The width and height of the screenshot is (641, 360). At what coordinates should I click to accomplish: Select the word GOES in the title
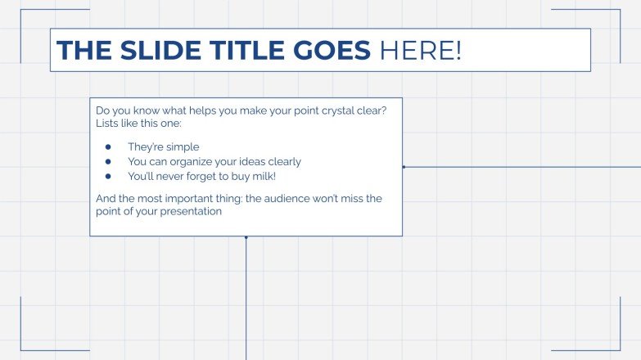click(332, 51)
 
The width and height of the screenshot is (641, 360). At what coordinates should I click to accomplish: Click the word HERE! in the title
click(420, 51)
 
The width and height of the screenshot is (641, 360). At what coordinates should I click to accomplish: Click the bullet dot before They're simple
click(107, 147)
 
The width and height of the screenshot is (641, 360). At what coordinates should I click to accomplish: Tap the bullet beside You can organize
click(107, 162)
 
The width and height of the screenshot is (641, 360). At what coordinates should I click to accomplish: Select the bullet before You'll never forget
click(107, 176)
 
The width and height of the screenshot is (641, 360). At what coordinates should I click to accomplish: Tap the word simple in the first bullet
click(182, 147)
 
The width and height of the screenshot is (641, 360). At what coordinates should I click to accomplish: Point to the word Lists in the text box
click(108, 124)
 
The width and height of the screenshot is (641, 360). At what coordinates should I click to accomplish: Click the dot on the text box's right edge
click(403, 167)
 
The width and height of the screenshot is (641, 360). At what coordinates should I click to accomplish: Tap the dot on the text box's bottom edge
click(246, 236)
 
